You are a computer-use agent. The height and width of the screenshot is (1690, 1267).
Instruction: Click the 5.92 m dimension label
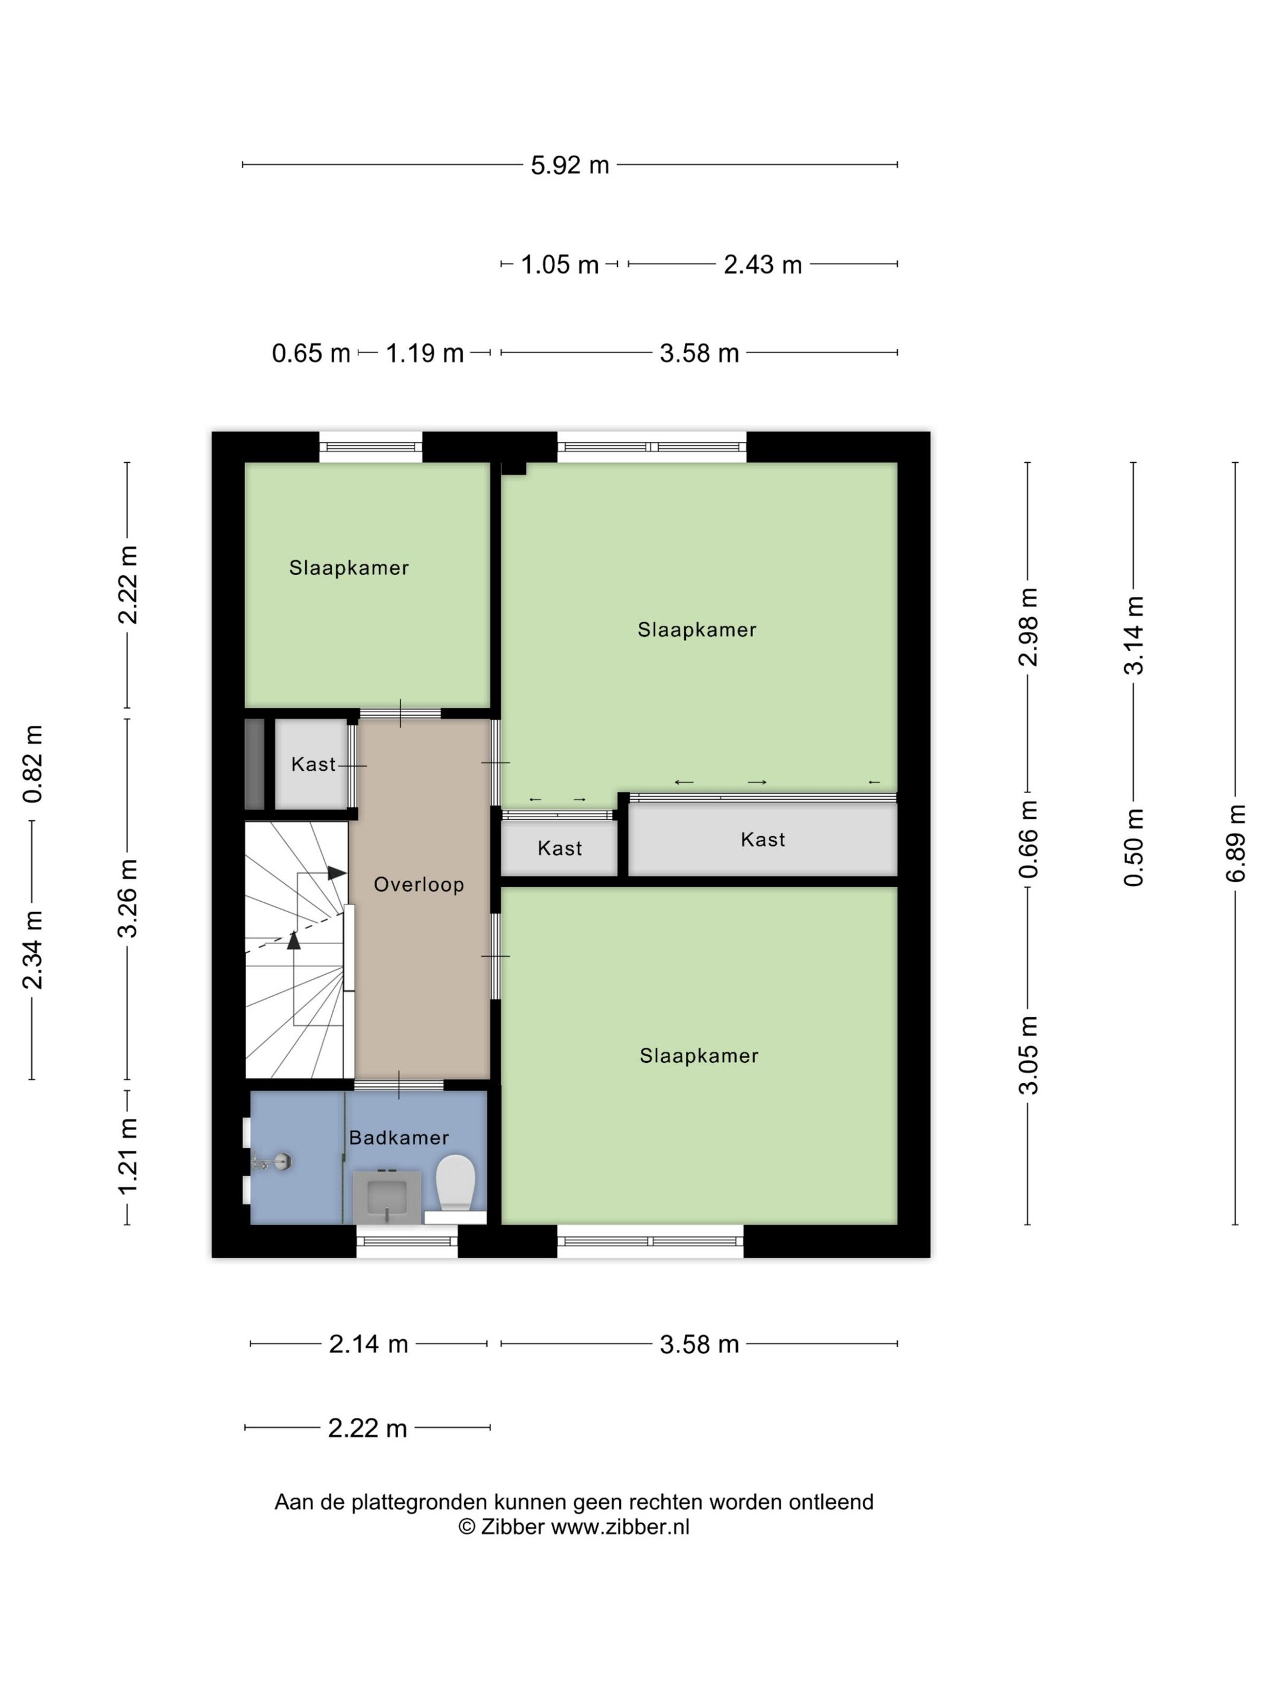coord(570,165)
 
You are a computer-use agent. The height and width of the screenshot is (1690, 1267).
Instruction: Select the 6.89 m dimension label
coord(1235,843)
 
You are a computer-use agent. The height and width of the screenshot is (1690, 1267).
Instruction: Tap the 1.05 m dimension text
coord(559,264)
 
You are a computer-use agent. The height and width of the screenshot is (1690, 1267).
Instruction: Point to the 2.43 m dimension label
coord(762,264)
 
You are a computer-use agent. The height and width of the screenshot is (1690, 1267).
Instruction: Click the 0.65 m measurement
coord(311,353)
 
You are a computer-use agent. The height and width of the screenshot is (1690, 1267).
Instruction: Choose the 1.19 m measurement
coord(424,353)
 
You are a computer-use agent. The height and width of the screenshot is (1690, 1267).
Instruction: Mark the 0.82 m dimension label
coord(32,764)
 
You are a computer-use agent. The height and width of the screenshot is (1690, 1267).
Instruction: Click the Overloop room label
coord(419,884)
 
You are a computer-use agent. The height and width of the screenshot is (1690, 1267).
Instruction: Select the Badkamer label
coord(399,1137)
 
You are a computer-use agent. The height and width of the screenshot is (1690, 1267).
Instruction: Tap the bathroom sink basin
coord(387,1196)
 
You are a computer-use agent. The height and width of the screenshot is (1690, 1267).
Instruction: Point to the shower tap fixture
coord(273,1162)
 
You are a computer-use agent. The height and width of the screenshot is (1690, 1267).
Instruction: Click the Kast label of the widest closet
coord(762,840)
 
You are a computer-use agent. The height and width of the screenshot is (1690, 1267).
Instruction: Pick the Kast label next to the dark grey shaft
coord(313,764)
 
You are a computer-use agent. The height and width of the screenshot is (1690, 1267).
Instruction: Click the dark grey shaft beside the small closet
coord(255,764)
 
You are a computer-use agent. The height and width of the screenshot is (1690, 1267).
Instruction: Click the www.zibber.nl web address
coord(620,1527)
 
